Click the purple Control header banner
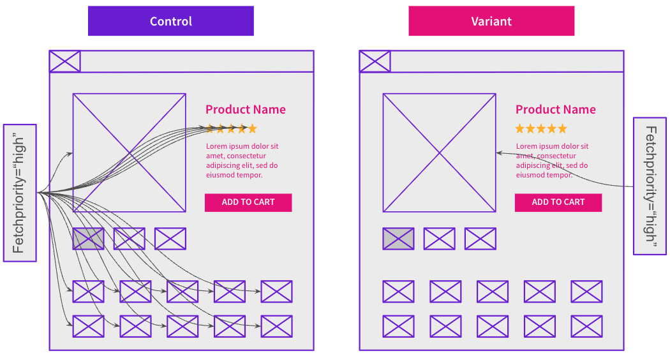(170, 21)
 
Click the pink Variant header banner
(491, 21)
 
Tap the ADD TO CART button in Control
(248, 202)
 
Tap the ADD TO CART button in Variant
(558, 202)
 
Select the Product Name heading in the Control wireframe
(246, 110)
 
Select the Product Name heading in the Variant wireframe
(556, 110)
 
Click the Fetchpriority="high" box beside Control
(20, 193)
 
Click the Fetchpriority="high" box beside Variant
(650, 186)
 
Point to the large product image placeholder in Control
(130, 153)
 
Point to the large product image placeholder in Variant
(439, 153)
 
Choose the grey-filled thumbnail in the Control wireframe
(88, 239)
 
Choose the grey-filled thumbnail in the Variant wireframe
(398, 239)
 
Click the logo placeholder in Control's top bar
(65, 61)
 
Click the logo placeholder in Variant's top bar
(375, 61)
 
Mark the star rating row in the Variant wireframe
(541, 129)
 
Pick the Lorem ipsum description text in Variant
(553, 161)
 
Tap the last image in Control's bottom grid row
(276, 326)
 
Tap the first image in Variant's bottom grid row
(398, 326)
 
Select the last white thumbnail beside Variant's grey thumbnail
(480, 239)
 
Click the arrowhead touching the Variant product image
(498, 153)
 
